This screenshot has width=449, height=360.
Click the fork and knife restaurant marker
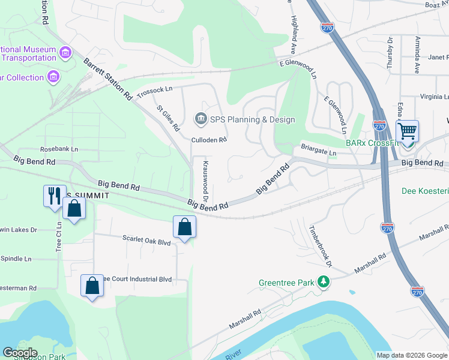pyautogui.click(x=54, y=195)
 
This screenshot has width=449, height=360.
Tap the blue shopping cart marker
pyautogui.click(x=408, y=131)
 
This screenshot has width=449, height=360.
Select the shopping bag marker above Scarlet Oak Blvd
pyautogui.click(x=184, y=227)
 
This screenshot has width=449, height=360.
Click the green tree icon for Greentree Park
pyautogui.click(x=324, y=281)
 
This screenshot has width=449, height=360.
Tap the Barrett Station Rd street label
pyautogui.click(x=108, y=79)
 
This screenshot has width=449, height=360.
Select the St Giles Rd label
pyautogui.click(x=168, y=118)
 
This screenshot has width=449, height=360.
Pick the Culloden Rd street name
pyautogui.click(x=208, y=140)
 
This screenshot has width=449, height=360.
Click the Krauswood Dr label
pyautogui.click(x=205, y=181)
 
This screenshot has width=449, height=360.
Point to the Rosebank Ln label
pyautogui.click(x=59, y=149)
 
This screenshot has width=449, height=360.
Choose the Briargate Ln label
pyautogui.click(x=319, y=150)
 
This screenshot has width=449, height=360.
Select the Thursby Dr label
pyautogui.click(x=390, y=53)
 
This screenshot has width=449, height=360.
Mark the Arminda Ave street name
pyautogui.click(x=417, y=54)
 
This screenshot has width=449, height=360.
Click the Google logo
pyautogui.click(x=19, y=353)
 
